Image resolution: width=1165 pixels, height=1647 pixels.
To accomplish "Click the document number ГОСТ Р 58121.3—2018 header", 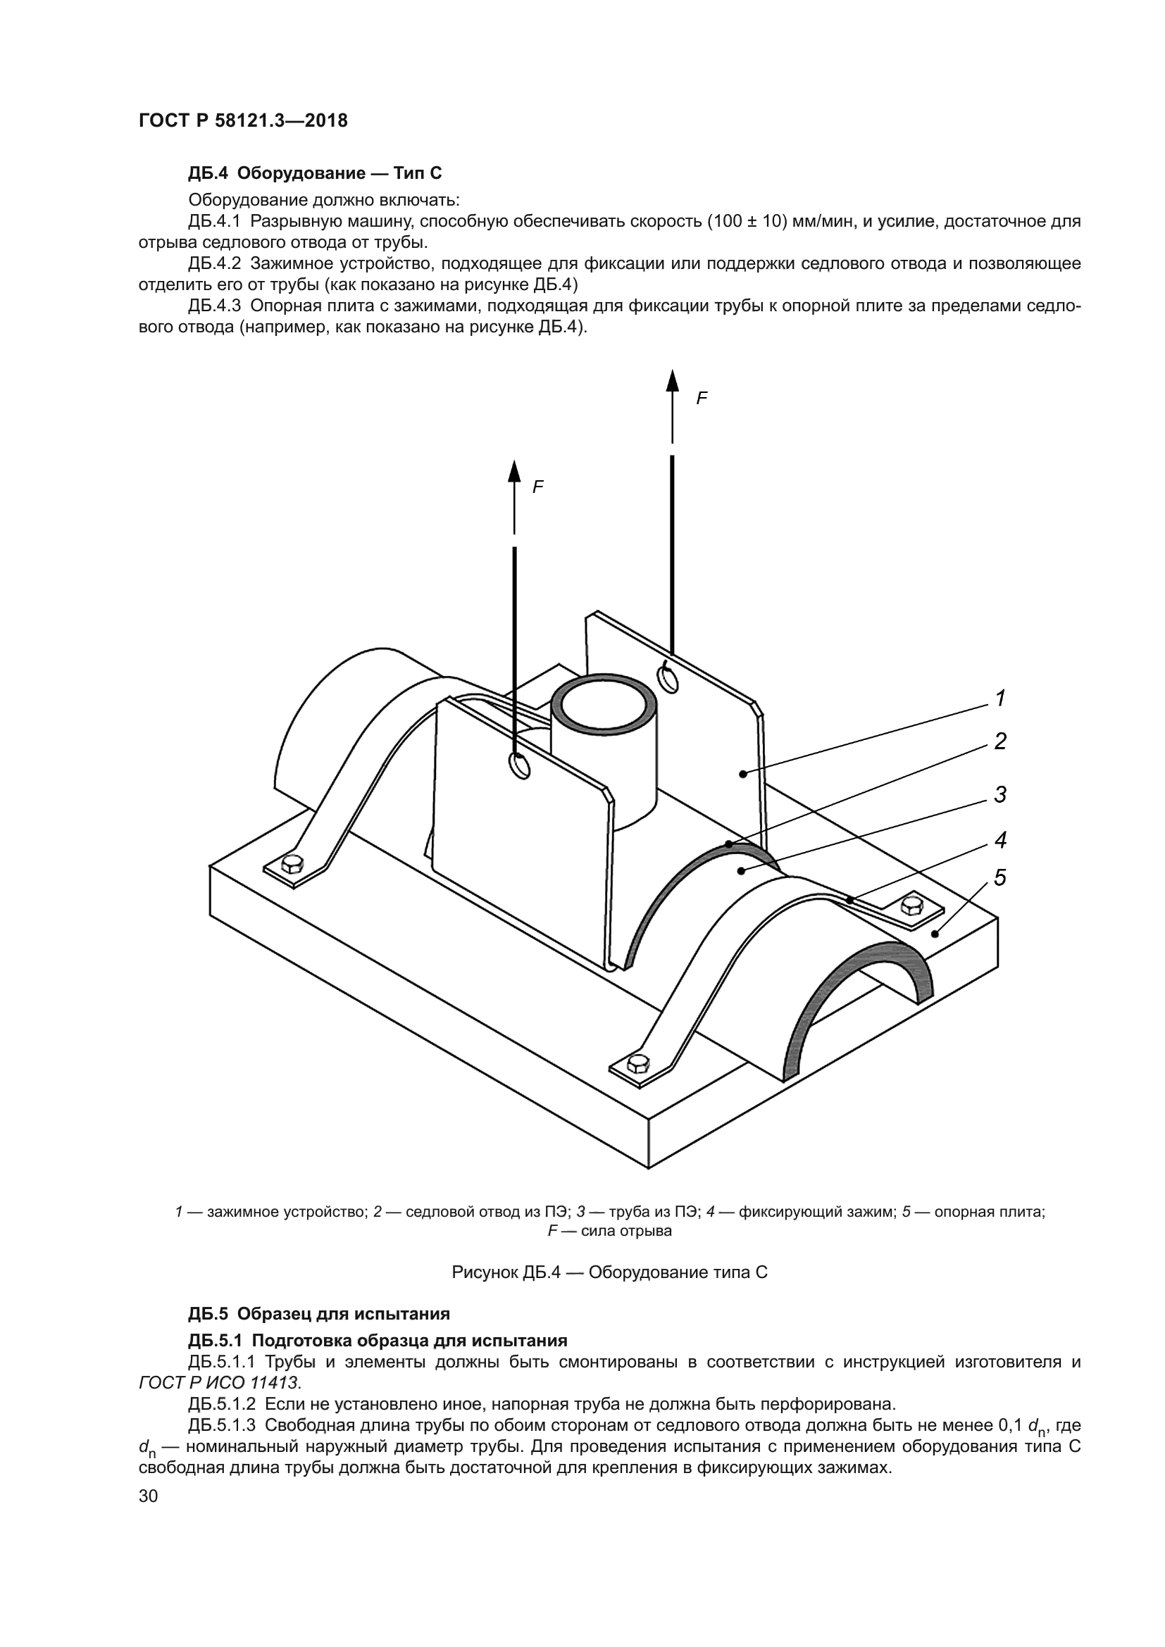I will tap(242, 120).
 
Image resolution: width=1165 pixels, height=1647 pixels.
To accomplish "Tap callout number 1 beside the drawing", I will tap(1000, 697).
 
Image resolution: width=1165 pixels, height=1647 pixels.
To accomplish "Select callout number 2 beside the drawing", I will tap(1000, 741).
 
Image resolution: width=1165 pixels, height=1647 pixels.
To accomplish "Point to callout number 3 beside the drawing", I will tap(1000, 794).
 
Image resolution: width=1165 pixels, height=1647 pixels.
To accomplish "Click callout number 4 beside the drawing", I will tap(1000, 839).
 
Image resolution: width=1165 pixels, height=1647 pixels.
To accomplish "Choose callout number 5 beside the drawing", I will tap(1000, 877).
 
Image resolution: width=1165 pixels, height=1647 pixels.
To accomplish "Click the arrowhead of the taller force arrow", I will tap(672, 381).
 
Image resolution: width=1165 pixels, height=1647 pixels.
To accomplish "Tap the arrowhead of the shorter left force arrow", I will tap(514, 471).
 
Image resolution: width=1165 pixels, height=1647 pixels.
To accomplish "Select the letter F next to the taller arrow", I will tap(702, 399).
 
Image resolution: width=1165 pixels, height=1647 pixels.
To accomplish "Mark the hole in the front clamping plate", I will tap(519, 765).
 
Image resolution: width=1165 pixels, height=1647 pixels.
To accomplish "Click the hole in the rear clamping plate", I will tap(668, 678).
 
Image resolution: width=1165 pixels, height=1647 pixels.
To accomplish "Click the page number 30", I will tap(148, 1495).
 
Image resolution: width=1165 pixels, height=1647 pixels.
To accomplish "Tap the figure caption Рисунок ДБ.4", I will tap(609, 1272).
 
